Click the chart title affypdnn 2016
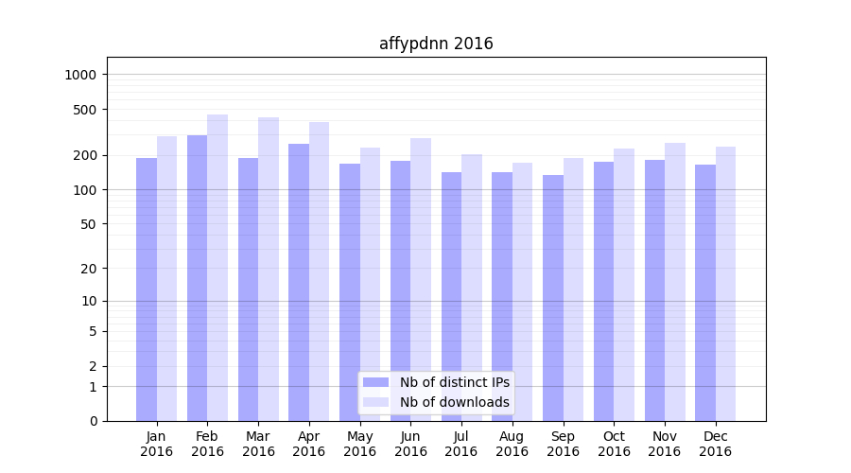pyautogui.click(x=436, y=44)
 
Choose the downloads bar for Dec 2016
pyautogui.click(x=725, y=284)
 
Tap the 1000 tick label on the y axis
pyautogui.click(x=81, y=75)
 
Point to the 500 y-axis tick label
pyautogui.click(x=85, y=110)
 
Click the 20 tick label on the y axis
pyautogui.click(x=89, y=269)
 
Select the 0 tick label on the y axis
pyautogui.click(x=93, y=421)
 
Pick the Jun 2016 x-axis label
pyautogui.click(x=410, y=444)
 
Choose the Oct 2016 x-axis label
pyautogui.click(x=614, y=444)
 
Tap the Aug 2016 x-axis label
pyautogui.click(x=512, y=444)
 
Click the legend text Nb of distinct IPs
pyautogui.click(x=455, y=382)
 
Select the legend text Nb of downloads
pyautogui.click(x=455, y=402)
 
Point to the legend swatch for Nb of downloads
pyautogui.click(x=375, y=402)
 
